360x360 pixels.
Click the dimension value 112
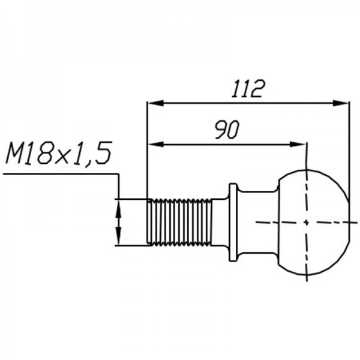click(x=248, y=89)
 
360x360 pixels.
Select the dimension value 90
click(x=227, y=130)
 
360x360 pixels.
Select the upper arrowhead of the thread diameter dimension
click(x=119, y=205)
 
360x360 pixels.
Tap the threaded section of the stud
click(x=179, y=222)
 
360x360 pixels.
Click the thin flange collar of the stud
click(x=233, y=222)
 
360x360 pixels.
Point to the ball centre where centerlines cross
click(x=307, y=222)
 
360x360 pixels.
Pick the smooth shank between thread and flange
click(x=220, y=222)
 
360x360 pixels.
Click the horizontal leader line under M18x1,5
click(x=60, y=174)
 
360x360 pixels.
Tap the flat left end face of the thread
click(x=148, y=222)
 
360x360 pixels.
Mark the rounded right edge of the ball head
click(x=347, y=222)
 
